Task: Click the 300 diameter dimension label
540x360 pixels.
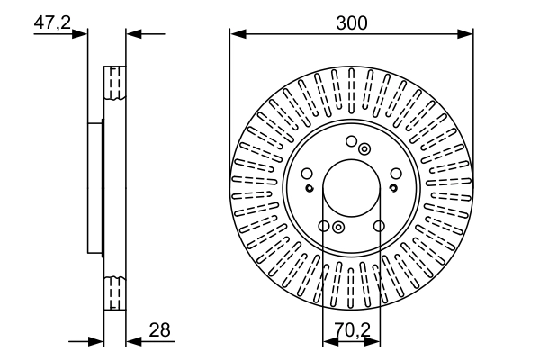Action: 351,23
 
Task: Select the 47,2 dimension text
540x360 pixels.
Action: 52,23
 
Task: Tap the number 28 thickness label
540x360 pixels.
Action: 161,331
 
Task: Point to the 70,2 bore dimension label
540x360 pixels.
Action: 351,331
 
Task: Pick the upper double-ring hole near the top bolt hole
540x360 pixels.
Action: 364,148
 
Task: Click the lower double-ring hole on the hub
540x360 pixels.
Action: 337,228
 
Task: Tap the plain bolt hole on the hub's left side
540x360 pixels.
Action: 306,174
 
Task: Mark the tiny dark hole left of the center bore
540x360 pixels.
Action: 309,188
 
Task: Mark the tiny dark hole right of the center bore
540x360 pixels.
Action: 393,188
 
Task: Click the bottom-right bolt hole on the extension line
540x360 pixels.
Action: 379,227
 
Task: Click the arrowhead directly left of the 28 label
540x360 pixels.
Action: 131,342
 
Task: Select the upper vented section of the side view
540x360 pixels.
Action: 114,84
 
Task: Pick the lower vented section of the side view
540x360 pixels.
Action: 114,293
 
